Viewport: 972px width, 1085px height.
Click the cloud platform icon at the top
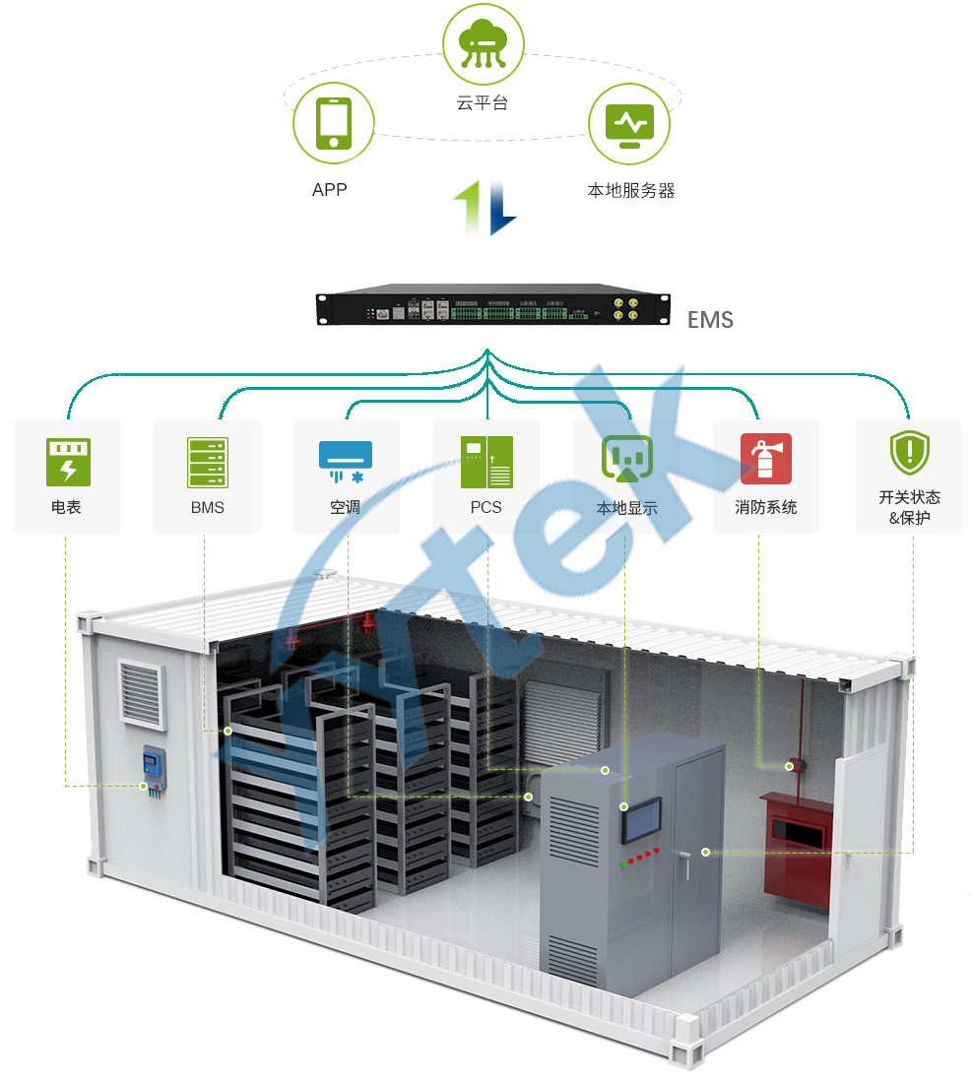tap(482, 43)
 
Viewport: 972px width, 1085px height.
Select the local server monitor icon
tap(628, 125)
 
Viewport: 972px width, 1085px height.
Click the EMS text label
tap(709, 320)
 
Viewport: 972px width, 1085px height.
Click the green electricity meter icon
tap(68, 462)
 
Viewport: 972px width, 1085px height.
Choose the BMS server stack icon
tap(207, 462)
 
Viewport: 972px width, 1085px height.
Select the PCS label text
tap(486, 508)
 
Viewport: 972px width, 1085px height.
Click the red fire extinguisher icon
tap(765, 459)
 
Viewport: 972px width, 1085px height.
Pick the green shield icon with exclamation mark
tap(908, 453)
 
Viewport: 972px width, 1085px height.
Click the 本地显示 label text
tap(626, 509)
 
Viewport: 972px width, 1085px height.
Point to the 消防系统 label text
tap(765, 508)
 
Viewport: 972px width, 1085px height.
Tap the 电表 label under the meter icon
tap(67, 508)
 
